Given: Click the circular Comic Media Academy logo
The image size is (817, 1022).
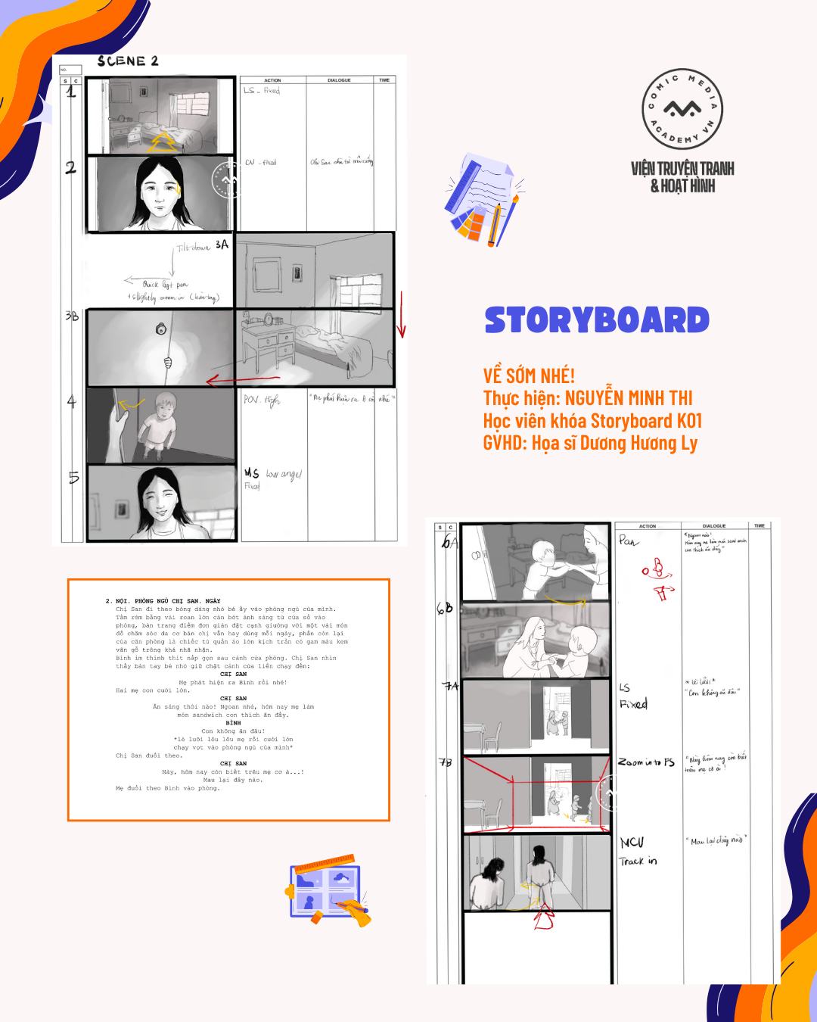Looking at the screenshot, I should tap(682, 111).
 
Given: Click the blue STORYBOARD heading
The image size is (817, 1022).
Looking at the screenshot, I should tap(597, 320).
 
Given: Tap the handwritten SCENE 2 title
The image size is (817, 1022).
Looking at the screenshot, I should tap(128, 61).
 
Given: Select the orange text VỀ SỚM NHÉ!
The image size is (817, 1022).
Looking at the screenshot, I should tap(529, 375).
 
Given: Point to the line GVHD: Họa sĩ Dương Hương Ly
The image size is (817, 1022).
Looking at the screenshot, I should tap(590, 443).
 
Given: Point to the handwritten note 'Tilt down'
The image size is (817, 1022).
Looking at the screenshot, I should tap(194, 249).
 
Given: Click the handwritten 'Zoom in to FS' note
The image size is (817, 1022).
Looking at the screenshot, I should tap(645, 762).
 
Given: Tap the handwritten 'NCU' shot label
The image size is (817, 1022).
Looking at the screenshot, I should tap(631, 843).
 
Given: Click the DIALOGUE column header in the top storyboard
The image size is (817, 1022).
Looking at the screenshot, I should tap(339, 79).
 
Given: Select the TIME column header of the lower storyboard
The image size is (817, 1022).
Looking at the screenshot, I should tap(759, 525).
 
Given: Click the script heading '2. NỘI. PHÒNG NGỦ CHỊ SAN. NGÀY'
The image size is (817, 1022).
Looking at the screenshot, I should tap(163, 601).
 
